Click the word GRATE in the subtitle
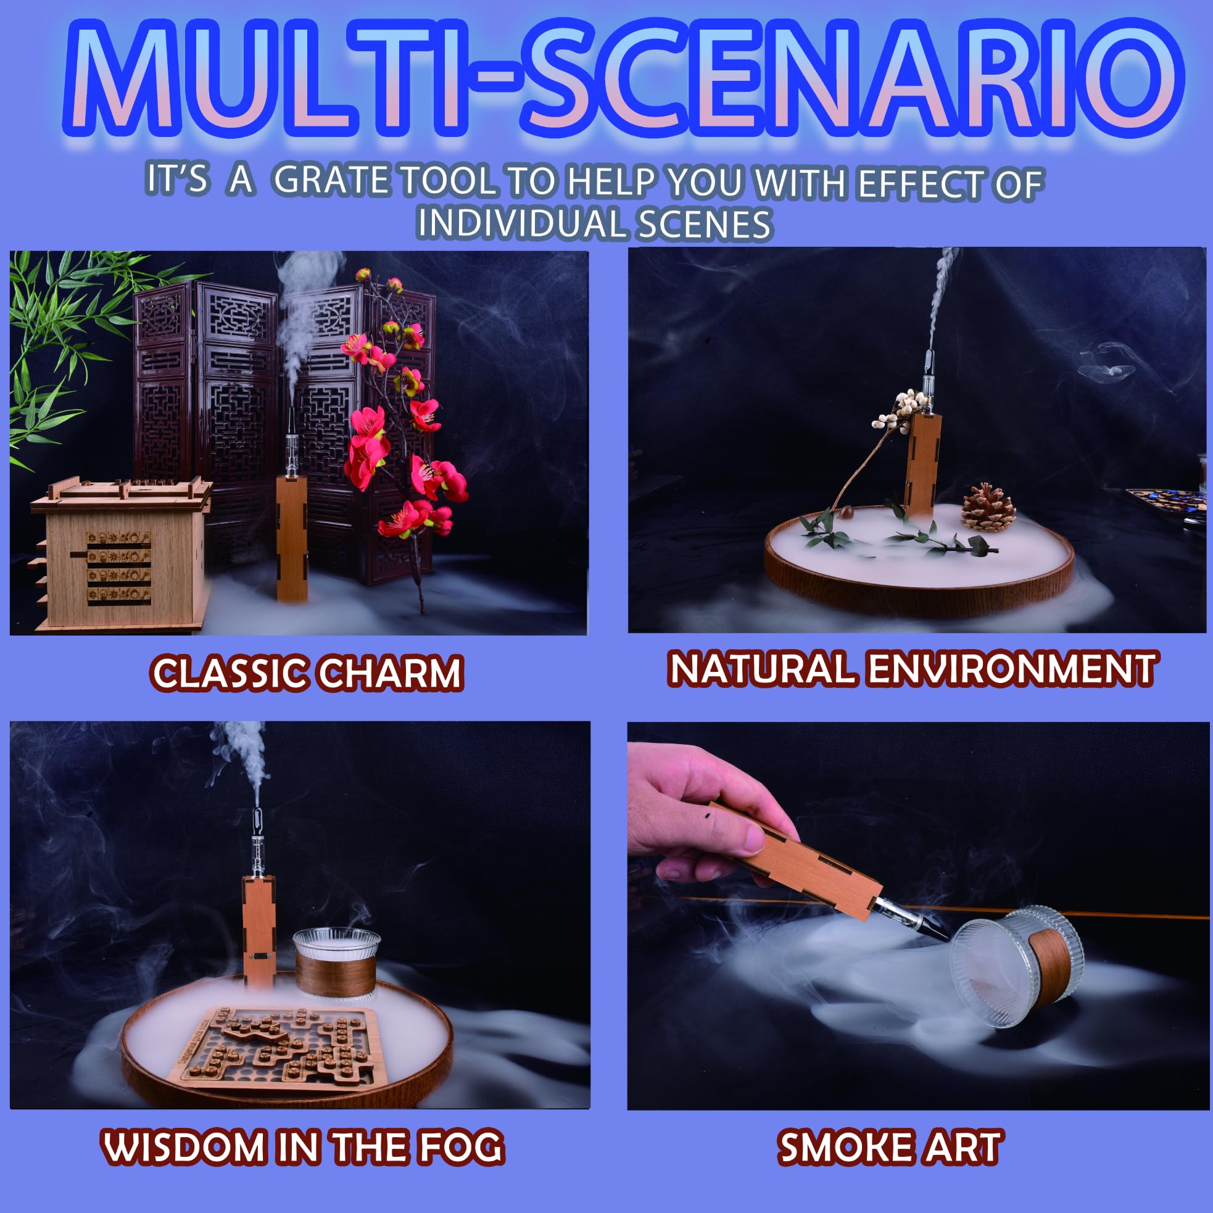[x=331, y=180]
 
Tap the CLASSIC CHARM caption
[x=307, y=673]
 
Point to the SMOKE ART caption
[x=890, y=1146]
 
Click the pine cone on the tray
[x=988, y=508]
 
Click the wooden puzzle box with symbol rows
[x=119, y=559]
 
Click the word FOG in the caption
[x=461, y=1146]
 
